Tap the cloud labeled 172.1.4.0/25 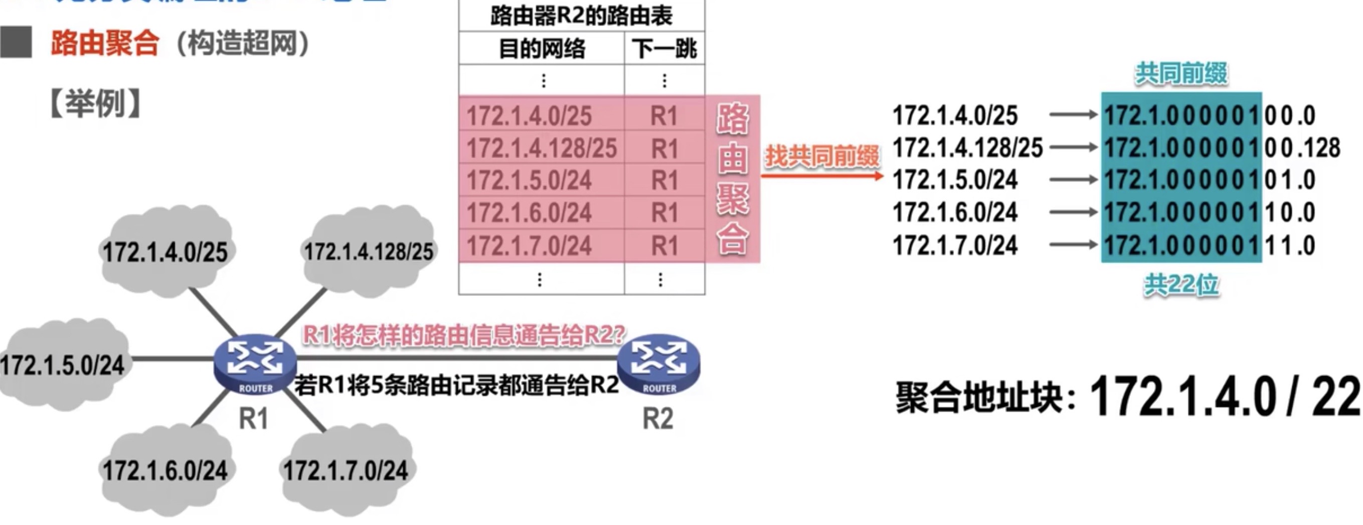pos(164,252)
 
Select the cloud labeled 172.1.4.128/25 pos(368,251)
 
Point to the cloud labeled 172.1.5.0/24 pos(63,365)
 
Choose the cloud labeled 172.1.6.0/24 pos(164,470)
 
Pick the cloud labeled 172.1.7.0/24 pos(346,470)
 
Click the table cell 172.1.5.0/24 pos(529,180)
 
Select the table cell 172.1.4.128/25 pos(541,148)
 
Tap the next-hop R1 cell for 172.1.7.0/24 pos(664,246)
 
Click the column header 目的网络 pos(542,49)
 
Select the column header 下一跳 pos(664,49)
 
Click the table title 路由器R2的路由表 pos(581,16)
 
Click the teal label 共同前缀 pos(1181,73)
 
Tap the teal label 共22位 pos(1181,285)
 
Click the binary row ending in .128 pos(1222,148)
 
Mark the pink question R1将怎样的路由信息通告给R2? pos(463,335)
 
